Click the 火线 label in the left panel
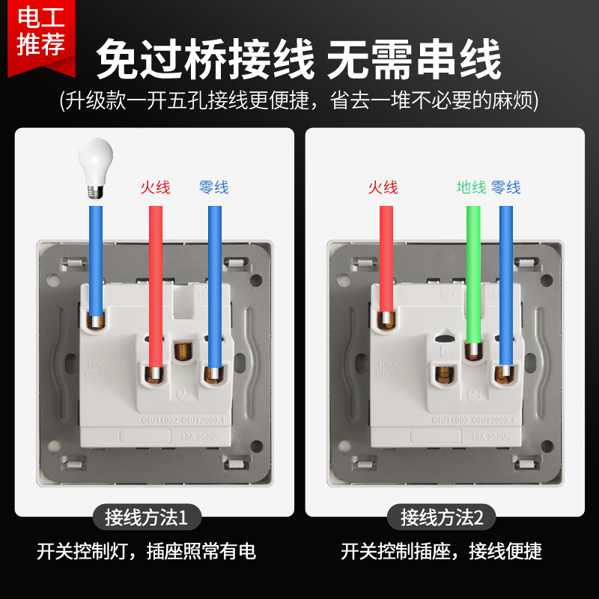click(x=155, y=187)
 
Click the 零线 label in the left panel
click(x=213, y=187)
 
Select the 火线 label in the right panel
click(x=383, y=187)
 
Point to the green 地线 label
click(x=472, y=187)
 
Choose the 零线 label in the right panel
click(x=506, y=187)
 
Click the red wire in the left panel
click(x=155, y=285)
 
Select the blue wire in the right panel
click(x=506, y=285)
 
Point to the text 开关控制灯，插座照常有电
click(x=147, y=553)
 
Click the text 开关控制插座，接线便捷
click(x=441, y=553)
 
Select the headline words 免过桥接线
click(x=205, y=60)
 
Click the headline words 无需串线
click(x=415, y=60)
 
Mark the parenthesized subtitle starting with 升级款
click(x=299, y=100)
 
